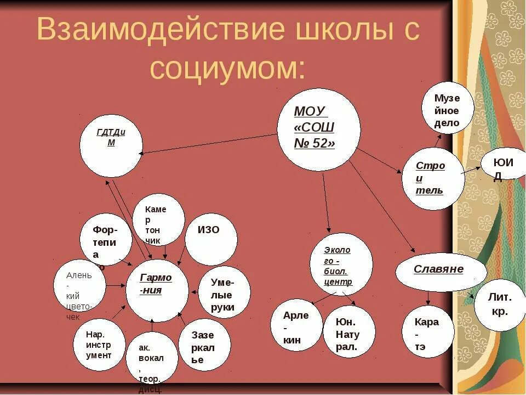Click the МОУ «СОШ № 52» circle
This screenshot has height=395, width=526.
[319, 129]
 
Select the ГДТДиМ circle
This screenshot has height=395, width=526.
[111, 145]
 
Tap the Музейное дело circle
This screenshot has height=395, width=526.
[447, 108]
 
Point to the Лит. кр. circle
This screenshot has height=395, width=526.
[500, 305]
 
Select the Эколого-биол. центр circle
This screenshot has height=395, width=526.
[341, 266]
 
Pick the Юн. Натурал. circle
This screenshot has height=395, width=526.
[348, 332]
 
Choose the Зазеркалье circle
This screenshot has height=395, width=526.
[204, 345]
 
